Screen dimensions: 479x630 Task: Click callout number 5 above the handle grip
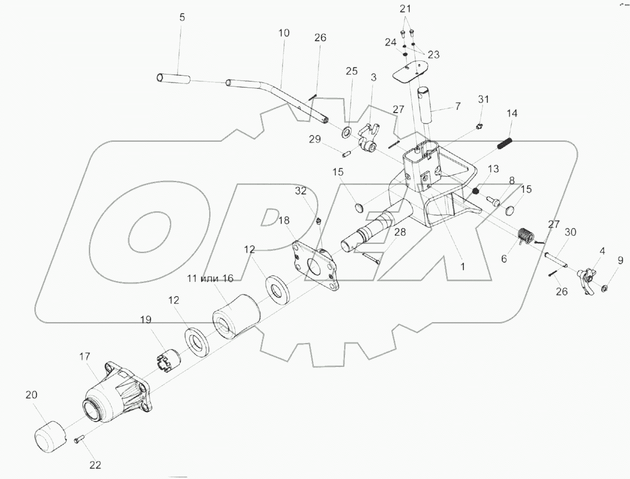(182, 17)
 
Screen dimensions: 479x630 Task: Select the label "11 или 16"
(211, 278)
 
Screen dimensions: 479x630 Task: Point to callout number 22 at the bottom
(95, 465)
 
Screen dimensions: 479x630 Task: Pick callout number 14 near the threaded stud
(512, 113)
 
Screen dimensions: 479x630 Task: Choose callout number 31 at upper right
(484, 100)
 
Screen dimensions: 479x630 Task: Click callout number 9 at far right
(620, 260)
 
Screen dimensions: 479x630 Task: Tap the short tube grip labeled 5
(174, 79)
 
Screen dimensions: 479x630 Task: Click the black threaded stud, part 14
(505, 142)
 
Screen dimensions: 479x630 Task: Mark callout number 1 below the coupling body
(462, 265)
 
